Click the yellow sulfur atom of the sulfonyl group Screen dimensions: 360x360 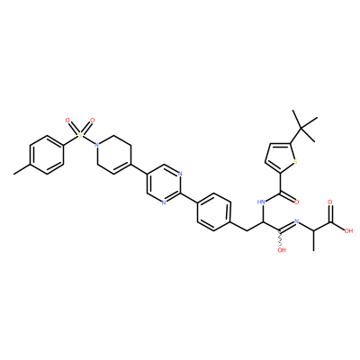[x=80, y=135]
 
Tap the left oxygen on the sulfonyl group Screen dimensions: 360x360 [x=67, y=121]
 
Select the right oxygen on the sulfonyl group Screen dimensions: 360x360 [x=92, y=121]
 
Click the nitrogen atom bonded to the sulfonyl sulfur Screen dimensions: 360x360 [x=96, y=145]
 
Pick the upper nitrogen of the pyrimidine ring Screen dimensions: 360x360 [x=180, y=174]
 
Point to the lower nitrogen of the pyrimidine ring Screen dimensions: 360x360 [x=164, y=202]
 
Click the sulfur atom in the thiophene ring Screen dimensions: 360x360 [x=295, y=162]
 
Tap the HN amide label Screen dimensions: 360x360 [x=262, y=202]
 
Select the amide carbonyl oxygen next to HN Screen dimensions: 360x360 [x=297, y=202]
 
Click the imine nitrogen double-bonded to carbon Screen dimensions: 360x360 [x=297, y=221]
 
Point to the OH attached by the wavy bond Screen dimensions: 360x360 [x=282, y=249]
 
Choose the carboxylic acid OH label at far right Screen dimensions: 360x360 [x=348, y=231]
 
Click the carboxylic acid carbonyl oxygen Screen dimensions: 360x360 [x=330, y=202]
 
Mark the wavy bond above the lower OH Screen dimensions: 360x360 [x=281, y=238]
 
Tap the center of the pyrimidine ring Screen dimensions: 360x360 [x=164, y=184]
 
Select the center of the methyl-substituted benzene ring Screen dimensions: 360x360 [x=47, y=155]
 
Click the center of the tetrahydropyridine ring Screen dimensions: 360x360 [x=113, y=155]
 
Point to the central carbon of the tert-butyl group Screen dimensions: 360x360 [x=302, y=129]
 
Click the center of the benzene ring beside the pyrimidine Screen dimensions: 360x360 [x=213, y=212]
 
